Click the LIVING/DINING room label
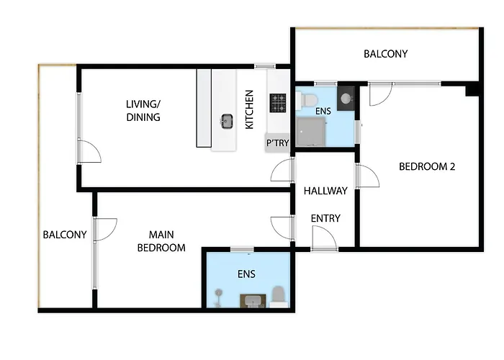click(x=143, y=111)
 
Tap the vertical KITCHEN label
click(x=249, y=109)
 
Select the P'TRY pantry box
click(x=278, y=143)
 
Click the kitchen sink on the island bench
click(x=227, y=121)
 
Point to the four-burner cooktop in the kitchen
click(x=279, y=104)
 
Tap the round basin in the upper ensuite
click(x=346, y=98)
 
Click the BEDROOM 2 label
click(x=427, y=166)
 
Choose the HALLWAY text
click(x=325, y=192)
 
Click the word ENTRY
click(x=325, y=218)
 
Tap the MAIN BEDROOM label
click(x=167, y=241)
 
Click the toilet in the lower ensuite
click(x=278, y=295)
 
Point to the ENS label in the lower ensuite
click(x=246, y=274)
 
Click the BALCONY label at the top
click(x=385, y=54)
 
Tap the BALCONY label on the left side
click(x=65, y=235)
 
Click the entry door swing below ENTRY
click(x=323, y=238)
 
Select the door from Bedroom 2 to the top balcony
click(x=379, y=94)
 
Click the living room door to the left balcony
click(x=89, y=151)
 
